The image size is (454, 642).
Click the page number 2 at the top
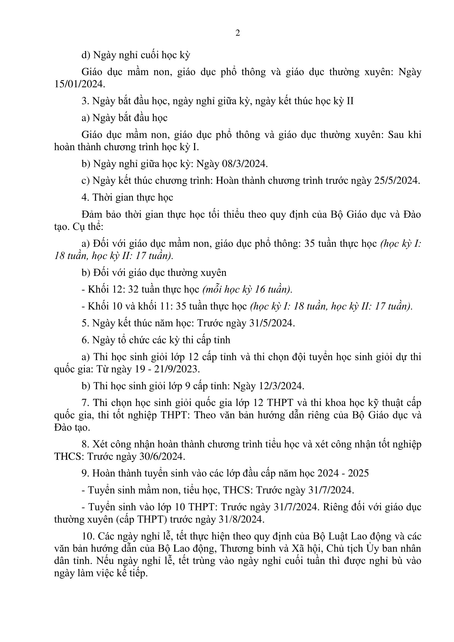[238, 33]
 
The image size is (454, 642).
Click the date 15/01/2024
[80, 84]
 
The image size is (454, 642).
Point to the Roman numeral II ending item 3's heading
[350, 101]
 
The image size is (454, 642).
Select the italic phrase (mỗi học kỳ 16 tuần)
[247, 289]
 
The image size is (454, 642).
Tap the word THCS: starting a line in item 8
[69, 457]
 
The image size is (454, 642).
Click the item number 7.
[85, 403]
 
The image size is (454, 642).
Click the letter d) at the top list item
[86, 55]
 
